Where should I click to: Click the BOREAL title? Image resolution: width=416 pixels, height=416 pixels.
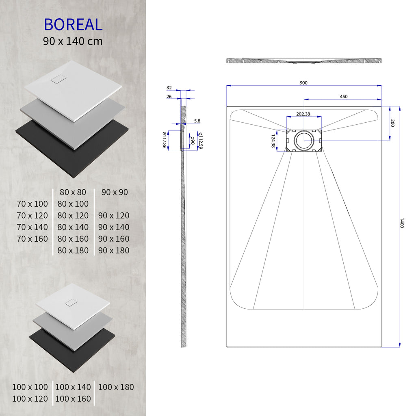[73, 25]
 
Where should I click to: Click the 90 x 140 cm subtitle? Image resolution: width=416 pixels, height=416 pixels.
[73, 41]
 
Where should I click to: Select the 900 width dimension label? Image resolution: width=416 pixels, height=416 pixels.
[303, 83]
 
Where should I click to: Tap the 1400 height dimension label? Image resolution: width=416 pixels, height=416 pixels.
[402, 223]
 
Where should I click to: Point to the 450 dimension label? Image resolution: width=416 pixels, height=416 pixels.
[343, 97]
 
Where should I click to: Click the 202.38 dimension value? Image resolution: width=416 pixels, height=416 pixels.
[303, 114]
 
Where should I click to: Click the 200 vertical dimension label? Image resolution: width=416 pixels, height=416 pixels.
[392, 123]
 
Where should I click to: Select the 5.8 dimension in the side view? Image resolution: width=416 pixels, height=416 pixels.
[197, 121]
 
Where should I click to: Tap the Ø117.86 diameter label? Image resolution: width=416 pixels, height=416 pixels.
[165, 140]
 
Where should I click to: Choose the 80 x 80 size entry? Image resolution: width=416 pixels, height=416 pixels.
[73, 192]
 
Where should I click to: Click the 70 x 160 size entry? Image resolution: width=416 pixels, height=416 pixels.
[32, 239]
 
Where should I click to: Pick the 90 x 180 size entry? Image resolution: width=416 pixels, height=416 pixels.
[114, 251]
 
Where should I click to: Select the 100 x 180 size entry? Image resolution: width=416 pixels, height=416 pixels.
[116, 387]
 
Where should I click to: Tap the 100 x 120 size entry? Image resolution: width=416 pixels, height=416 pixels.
[30, 399]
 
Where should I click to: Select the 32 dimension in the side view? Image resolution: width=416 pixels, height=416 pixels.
[169, 88]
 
